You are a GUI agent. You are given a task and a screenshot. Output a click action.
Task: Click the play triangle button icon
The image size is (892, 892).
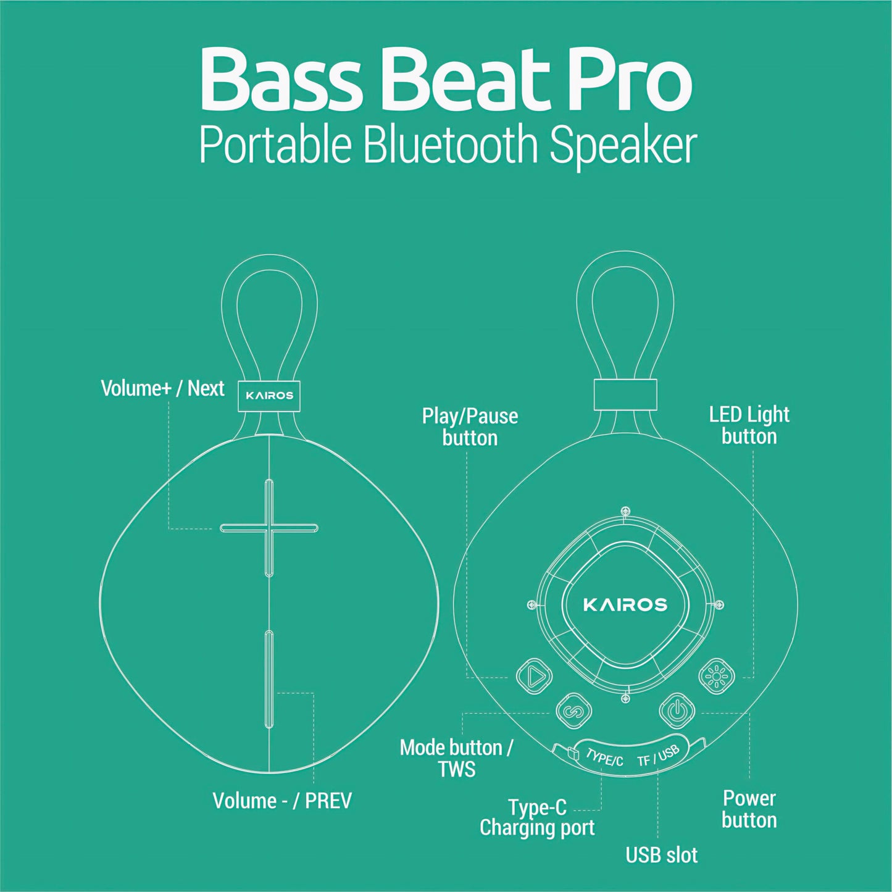coord(534,677)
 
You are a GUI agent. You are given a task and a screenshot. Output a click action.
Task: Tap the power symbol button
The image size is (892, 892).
coord(677,711)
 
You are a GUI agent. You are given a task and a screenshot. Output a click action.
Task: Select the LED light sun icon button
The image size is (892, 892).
coord(717,677)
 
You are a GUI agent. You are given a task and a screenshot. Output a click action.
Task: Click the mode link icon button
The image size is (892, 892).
coord(573,711)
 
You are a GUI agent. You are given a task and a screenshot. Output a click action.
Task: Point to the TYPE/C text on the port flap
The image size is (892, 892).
coord(604,758)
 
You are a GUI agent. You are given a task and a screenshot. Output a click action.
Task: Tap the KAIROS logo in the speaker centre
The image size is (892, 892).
coord(625,604)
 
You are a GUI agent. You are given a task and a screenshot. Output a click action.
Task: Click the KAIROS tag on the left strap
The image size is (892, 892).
coord(269,396)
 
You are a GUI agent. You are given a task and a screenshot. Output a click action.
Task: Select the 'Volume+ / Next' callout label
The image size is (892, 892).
coord(162,388)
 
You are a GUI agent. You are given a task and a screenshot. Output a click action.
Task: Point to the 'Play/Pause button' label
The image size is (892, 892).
coord(470,427)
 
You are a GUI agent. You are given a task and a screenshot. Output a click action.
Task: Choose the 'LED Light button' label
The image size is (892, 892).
coord(749,425)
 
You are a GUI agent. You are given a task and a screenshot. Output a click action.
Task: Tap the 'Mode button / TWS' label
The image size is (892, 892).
coord(456,758)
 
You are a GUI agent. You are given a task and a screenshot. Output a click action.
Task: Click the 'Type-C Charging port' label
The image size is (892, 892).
coord(537,818)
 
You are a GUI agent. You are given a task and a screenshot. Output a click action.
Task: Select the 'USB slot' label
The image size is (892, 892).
coord(662,855)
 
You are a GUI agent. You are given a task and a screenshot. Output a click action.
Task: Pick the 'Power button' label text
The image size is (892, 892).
coord(749,809)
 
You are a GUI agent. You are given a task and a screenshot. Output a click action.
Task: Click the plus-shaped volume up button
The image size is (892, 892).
coord(269,528)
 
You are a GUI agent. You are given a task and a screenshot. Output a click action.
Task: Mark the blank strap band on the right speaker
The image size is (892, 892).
coord(625,394)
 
